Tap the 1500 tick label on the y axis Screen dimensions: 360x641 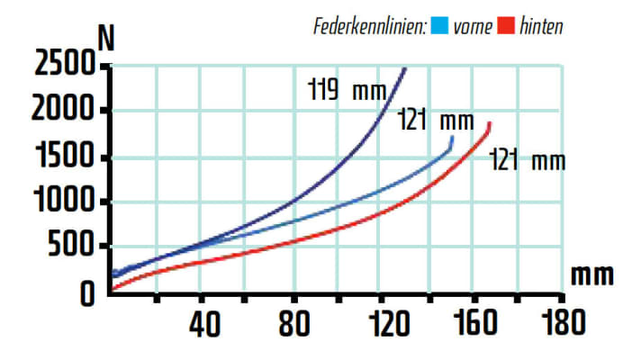[65, 159]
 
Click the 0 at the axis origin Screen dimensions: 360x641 [87, 292]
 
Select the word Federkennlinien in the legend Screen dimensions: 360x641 [369, 25]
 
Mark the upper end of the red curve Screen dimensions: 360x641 [490, 122]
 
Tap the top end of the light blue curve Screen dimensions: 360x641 [451, 139]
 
